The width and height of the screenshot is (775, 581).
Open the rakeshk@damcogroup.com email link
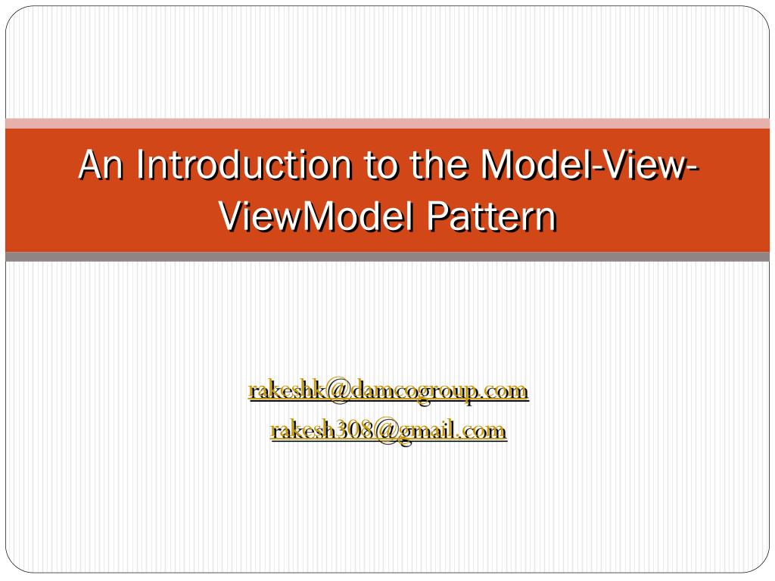coord(388,391)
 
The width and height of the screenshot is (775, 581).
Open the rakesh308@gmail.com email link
coord(388,431)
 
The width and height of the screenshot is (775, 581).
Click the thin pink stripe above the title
coord(387,123)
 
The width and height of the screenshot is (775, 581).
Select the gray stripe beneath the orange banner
coord(387,256)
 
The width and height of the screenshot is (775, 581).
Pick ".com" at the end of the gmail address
coord(483,431)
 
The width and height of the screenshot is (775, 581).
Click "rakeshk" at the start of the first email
coord(287,391)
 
